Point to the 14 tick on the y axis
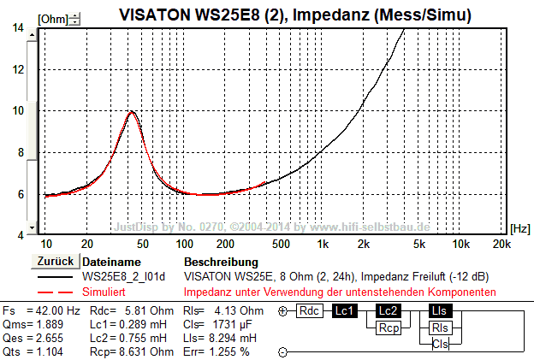click(x=18, y=28)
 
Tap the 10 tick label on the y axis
click(x=18, y=110)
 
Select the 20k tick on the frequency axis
click(x=501, y=244)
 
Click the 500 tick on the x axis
click(x=282, y=244)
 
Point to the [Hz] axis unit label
click(x=519, y=228)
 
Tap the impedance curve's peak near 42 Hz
click(x=132, y=111)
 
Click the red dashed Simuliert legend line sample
click(x=56, y=292)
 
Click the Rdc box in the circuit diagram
click(x=309, y=311)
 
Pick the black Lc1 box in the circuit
click(x=347, y=311)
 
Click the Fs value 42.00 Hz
click(x=54, y=310)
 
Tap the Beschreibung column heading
click(x=221, y=261)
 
